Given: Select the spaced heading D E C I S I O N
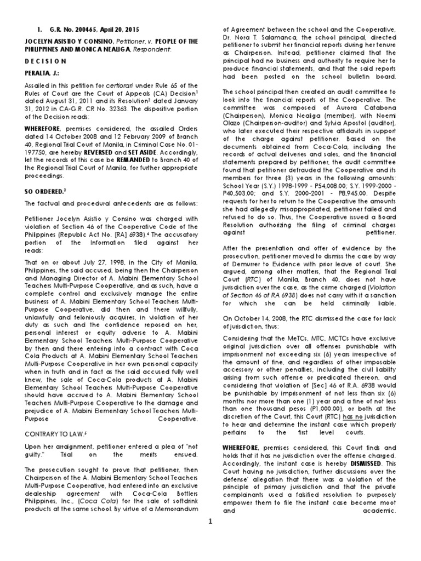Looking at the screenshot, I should [44, 61].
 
